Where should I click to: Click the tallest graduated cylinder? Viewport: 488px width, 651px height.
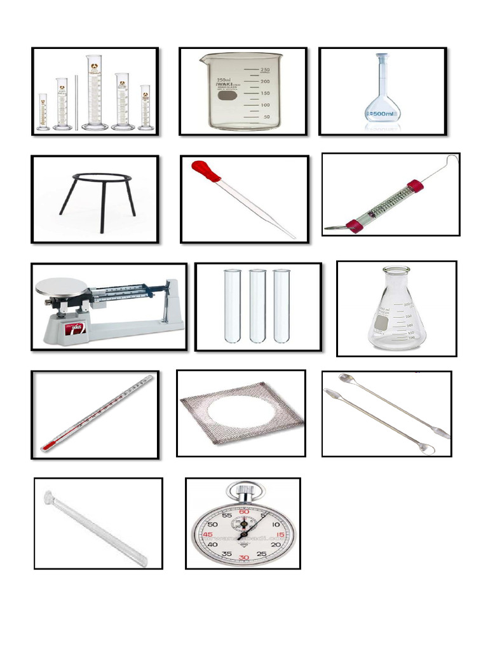pos(94,92)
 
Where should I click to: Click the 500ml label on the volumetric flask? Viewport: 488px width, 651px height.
pos(383,114)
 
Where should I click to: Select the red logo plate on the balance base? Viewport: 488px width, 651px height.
pos(74,329)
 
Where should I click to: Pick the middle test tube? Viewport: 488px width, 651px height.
pos(257,305)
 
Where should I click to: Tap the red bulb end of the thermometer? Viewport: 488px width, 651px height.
pos(46,447)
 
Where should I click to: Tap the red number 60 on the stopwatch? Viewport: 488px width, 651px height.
pos(243,512)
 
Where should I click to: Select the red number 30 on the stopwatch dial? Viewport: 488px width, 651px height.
pos(243,558)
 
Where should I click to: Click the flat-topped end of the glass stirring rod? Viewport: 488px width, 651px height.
pos(48,495)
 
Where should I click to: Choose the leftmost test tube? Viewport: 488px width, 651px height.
pos(233,305)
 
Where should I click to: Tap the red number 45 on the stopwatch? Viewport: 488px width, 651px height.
pos(207,535)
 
